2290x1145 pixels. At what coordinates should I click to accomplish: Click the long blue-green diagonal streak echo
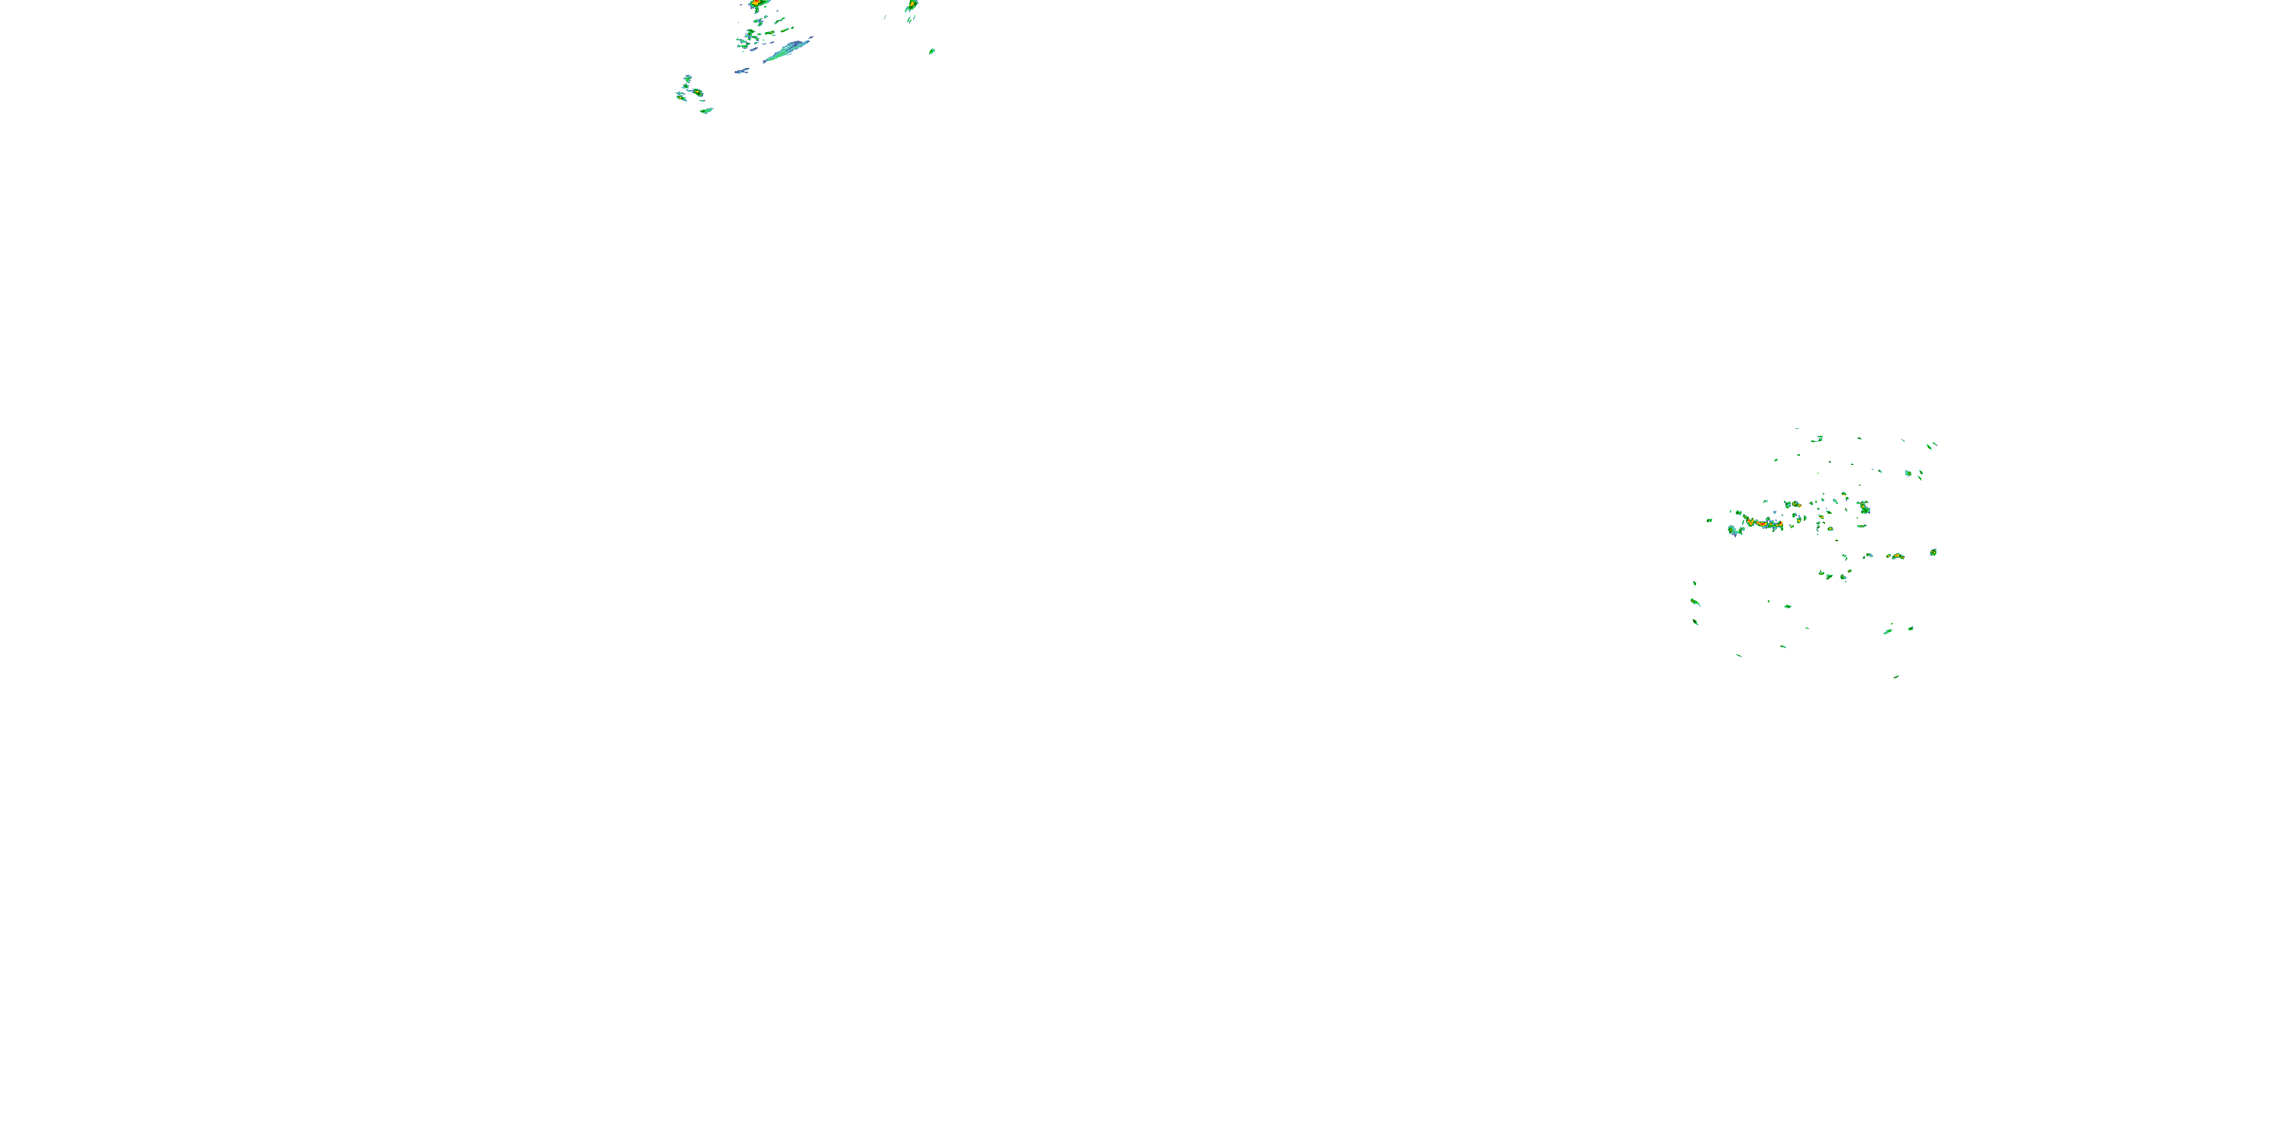[788, 50]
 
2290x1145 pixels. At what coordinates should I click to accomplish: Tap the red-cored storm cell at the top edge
[756, 4]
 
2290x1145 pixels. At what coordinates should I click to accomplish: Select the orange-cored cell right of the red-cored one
[911, 5]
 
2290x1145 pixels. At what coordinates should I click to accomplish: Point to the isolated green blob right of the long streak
[931, 52]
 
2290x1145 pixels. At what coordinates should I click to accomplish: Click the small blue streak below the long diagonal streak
[740, 70]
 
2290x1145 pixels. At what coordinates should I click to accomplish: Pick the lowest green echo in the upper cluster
[706, 110]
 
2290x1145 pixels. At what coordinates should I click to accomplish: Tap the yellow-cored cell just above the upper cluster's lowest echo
[697, 92]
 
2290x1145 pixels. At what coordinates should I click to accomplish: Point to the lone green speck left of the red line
[1710, 520]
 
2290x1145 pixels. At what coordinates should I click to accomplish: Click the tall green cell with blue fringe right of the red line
[1864, 508]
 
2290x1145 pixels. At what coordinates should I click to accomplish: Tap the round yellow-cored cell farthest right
[1934, 552]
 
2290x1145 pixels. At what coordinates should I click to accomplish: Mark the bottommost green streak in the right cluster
[1896, 676]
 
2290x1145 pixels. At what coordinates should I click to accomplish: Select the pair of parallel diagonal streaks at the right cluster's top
[1931, 444]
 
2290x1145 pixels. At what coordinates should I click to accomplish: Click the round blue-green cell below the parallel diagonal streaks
[1908, 473]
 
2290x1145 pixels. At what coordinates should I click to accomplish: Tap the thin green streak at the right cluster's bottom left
[1739, 655]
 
